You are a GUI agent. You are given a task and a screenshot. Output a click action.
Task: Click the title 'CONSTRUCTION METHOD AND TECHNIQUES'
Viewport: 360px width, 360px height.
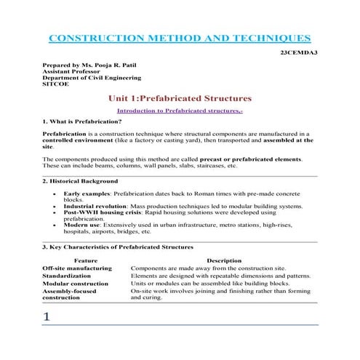pos(178,37)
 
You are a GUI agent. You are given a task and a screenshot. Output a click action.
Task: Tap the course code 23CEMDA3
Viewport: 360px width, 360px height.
pos(299,53)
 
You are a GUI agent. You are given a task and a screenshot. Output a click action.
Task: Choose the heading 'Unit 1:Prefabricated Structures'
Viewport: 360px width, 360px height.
pos(179,97)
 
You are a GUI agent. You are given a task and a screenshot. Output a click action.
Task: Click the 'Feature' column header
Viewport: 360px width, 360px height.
pos(85,260)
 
